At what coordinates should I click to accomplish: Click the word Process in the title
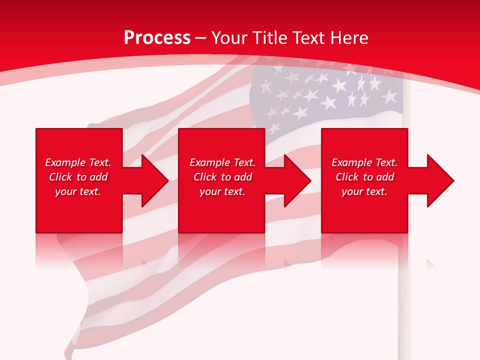click(x=157, y=38)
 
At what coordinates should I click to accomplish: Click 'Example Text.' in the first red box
click(x=78, y=162)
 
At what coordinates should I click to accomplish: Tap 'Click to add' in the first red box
click(x=78, y=177)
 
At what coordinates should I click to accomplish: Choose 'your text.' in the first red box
click(x=78, y=191)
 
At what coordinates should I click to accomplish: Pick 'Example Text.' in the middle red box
click(x=222, y=162)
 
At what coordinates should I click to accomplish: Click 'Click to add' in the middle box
click(x=222, y=177)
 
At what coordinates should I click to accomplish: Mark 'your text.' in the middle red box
click(x=222, y=191)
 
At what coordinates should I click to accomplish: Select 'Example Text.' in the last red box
click(x=364, y=162)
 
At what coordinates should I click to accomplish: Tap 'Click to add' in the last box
click(x=364, y=177)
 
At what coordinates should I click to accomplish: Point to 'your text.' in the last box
click(x=364, y=191)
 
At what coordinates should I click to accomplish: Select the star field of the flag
click(x=325, y=95)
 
